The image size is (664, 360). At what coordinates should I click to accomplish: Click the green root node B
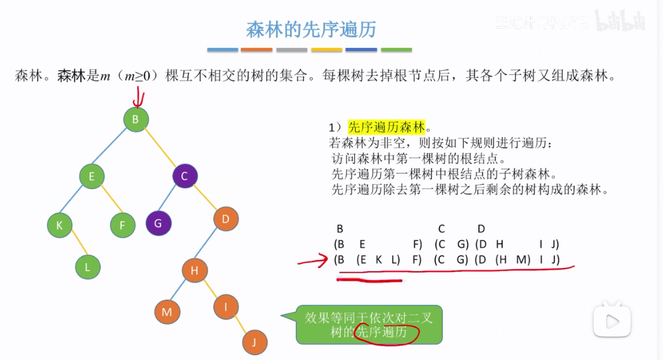tap(135, 119)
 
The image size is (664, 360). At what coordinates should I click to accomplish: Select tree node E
tap(91, 176)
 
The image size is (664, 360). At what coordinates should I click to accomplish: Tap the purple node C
tap(184, 176)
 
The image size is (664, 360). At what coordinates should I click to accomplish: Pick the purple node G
tap(158, 223)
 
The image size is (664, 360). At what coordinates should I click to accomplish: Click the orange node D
tap(226, 218)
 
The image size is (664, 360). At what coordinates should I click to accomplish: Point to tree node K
tap(60, 225)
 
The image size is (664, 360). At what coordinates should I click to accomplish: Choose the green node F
tap(122, 225)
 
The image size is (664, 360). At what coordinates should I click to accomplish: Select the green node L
tap(88, 267)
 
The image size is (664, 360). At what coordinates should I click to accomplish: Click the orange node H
tap(194, 270)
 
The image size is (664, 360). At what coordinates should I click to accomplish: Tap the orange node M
tap(166, 312)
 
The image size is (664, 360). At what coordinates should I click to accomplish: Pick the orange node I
tap(226, 306)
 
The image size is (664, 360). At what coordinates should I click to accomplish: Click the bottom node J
tap(254, 341)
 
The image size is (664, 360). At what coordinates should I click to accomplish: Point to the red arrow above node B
tap(138, 97)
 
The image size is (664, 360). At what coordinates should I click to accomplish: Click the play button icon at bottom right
tap(612, 321)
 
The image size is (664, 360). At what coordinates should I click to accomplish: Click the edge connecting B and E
tap(113, 148)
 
